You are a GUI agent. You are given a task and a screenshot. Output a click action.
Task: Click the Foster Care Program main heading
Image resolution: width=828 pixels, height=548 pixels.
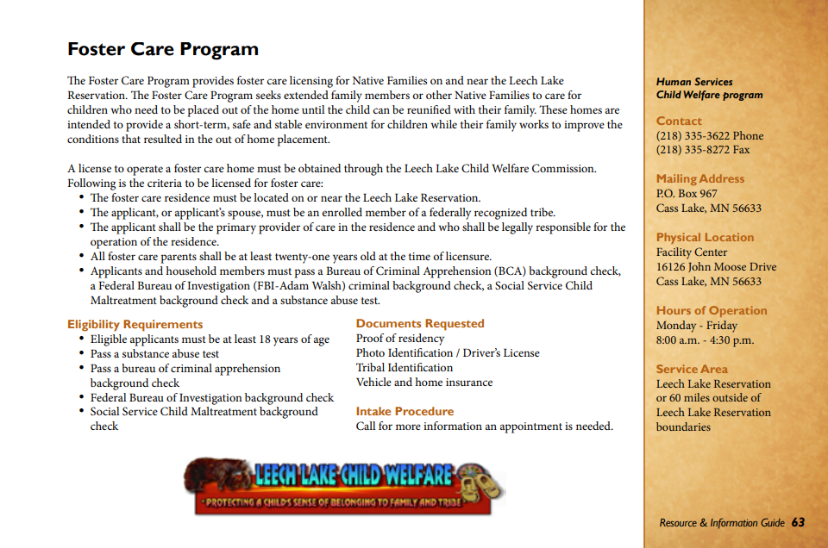coord(163,49)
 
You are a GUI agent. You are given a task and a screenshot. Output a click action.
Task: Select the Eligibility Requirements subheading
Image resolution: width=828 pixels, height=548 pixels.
coord(135,324)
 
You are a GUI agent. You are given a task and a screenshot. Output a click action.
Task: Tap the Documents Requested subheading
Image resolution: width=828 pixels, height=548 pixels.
coord(420,323)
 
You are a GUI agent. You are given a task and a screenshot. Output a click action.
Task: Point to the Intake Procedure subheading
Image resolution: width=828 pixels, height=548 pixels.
coord(405,411)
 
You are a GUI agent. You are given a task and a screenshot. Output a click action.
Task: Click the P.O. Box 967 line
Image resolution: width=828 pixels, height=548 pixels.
coord(687,194)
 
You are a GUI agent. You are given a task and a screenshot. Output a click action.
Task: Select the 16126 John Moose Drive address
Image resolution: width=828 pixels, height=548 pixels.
coord(716,267)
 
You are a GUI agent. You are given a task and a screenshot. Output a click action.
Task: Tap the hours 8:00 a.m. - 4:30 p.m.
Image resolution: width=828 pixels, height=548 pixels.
coord(705,339)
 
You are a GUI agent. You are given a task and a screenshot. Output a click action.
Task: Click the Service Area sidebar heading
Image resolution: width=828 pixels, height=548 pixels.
coord(692,369)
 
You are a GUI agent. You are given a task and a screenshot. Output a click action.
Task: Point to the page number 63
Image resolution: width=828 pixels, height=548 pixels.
coord(798,522)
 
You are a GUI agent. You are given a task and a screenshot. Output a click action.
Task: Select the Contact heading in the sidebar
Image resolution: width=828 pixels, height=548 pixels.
coord(679,121)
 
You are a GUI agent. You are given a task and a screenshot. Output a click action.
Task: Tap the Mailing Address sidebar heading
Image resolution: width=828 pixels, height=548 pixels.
coord(700,178)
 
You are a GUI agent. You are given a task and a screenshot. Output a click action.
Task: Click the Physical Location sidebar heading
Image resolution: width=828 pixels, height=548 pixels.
coord(705,237)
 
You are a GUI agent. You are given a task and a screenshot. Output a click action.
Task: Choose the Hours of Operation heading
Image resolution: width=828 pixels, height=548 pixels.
coord(712,310)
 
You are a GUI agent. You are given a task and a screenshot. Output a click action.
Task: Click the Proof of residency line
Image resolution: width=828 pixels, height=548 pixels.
coord(400,339)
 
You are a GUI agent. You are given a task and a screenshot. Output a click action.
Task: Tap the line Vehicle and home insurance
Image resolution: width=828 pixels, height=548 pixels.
coord(424,382)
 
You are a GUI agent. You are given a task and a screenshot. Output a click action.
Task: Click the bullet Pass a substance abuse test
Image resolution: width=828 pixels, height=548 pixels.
coord(154,353)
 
